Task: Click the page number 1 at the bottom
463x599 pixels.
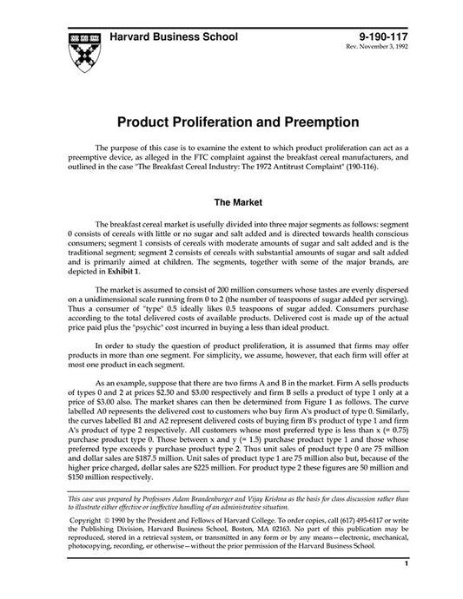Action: point(406,588)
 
